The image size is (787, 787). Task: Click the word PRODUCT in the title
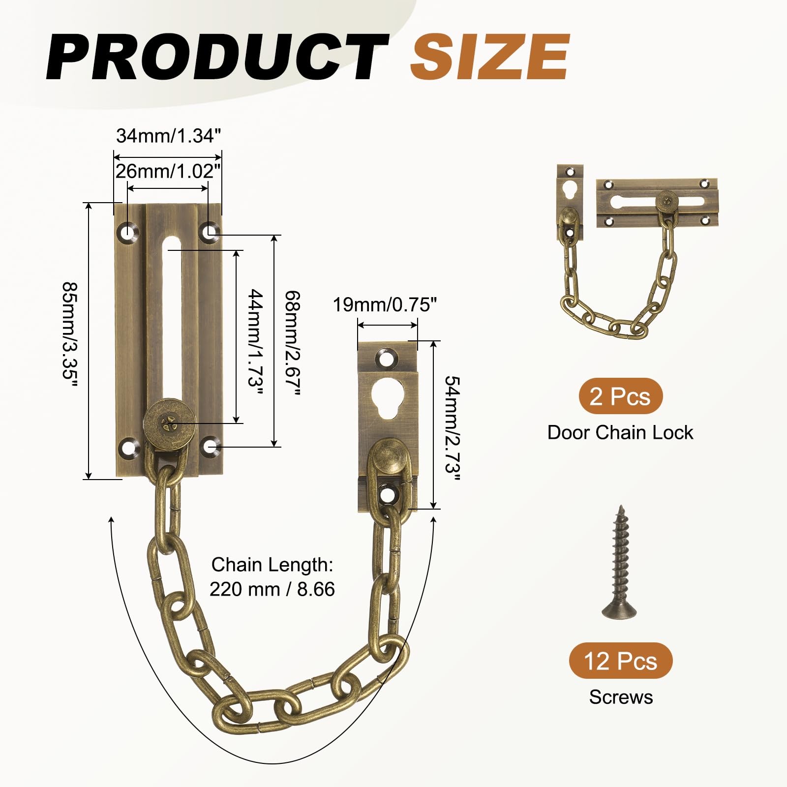pyautogui.click(x=217, y=58)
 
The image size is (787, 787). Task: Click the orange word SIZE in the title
pyautogui.click(x=490, y=58)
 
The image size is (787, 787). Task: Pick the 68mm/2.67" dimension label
pyautogui.click(x=292, y=343)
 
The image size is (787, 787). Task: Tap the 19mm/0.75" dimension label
pyautogui.click(x=385, y=305)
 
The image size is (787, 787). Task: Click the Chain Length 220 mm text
pyautogui.click(x=272, y=576)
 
